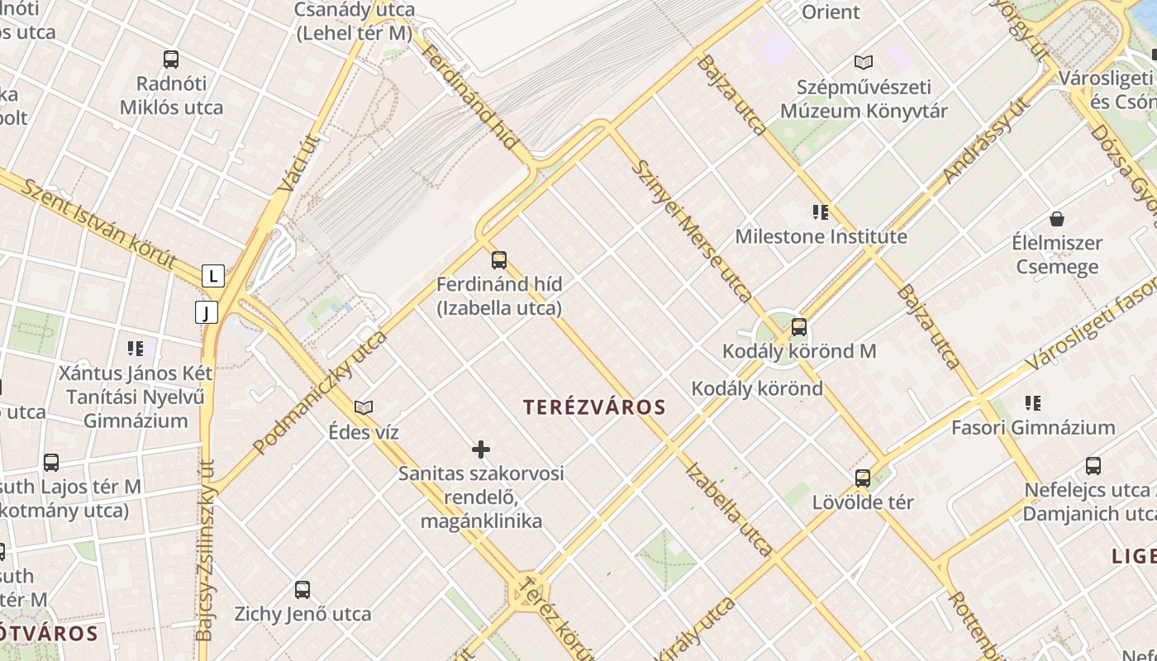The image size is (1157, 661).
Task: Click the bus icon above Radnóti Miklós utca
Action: pos(171,59)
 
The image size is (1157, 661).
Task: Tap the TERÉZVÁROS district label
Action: pos(594,407)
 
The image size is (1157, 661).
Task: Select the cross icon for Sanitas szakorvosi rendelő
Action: pos(481,449)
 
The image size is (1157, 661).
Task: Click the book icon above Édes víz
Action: pos(364,407)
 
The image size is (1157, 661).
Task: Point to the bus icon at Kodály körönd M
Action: pos(798,327)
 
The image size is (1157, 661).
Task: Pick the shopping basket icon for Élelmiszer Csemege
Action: pos(1056,219)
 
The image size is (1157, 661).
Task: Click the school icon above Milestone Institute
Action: pos(821,212)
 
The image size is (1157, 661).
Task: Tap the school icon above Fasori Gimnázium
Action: pos(1033,403)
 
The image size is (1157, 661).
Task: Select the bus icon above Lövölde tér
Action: pos(863,478)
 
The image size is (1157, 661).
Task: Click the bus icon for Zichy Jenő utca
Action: pos(302,590)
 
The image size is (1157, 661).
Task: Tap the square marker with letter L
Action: pos(213,276)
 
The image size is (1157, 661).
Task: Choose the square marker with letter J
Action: pos(207,312)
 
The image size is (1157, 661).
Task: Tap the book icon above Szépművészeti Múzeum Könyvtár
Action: pos(864,62)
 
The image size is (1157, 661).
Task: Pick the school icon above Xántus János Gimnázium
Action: pos(136,349)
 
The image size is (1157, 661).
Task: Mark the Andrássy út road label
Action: pos(986,140)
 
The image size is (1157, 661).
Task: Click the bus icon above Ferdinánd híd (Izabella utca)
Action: pos(499,260)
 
